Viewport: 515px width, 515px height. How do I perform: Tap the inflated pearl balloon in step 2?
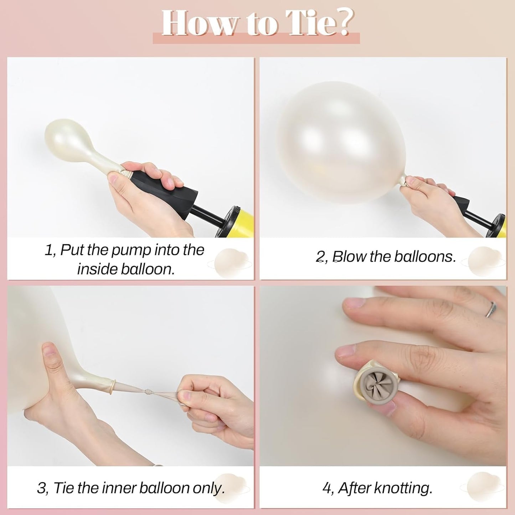tap(342, 143)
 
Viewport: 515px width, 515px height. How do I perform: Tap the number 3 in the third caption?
tap(41, 488)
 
